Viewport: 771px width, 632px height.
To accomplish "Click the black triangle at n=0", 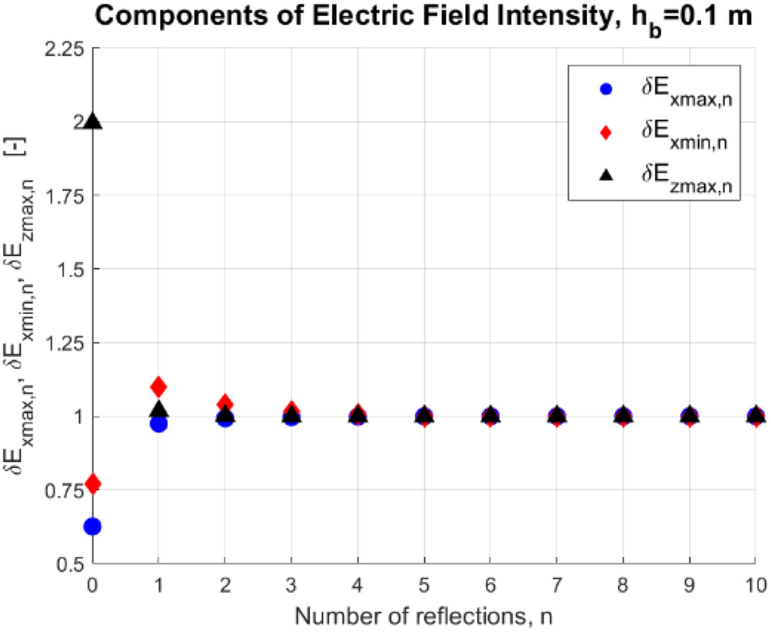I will (x=93, y=121).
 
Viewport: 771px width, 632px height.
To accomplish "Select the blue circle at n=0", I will (x=92, y=526).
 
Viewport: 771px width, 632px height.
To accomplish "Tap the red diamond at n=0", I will (x=92, y=483).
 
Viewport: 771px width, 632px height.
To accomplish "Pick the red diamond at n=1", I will (x=159, y=387).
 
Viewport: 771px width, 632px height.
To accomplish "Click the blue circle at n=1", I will (x=159, y=423).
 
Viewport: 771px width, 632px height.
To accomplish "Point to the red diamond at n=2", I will (x=225, y=403).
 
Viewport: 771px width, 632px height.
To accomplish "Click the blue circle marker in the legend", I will (x=605, y=90).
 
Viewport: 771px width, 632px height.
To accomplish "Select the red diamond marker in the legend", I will (x=605, y=133).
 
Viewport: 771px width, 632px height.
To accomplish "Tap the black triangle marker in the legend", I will (x=605, y=176).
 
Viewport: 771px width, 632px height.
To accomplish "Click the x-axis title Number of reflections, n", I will (x=424, y=614).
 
